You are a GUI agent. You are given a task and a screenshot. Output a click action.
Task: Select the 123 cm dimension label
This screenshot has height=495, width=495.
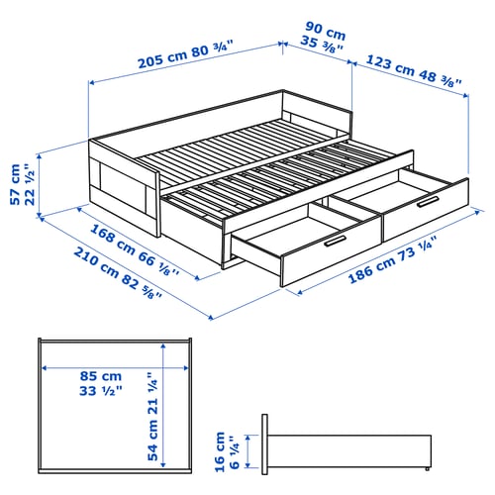[x=390, y=60]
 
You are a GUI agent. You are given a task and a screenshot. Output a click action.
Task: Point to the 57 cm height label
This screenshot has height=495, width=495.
[x=15, y=184]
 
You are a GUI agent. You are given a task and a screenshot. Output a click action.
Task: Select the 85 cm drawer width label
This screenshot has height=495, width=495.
[x=102, y=376]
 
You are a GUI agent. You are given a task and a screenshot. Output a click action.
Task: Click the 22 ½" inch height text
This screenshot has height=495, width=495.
[x=32, y=184]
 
